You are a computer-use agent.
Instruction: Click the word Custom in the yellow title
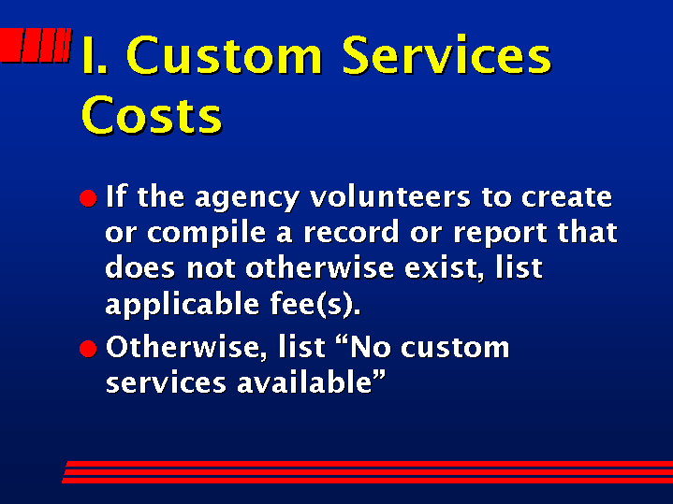[224, 55]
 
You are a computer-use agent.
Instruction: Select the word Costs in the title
[152, 114]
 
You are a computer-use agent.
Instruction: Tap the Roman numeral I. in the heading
[94, 55]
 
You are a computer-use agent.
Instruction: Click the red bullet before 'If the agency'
[88, 198]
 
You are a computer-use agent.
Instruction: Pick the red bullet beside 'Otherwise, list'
[88, 348]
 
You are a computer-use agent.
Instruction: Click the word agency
[247, 199]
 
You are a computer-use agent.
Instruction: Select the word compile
[207, 234]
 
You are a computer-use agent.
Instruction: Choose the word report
[500, 234]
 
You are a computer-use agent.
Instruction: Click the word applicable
[183, 305]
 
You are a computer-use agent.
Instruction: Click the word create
[566, 197]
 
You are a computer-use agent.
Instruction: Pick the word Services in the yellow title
[446, 55]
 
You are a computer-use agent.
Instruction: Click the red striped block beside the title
[36, 45]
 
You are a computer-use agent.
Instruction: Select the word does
[139, 268]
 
